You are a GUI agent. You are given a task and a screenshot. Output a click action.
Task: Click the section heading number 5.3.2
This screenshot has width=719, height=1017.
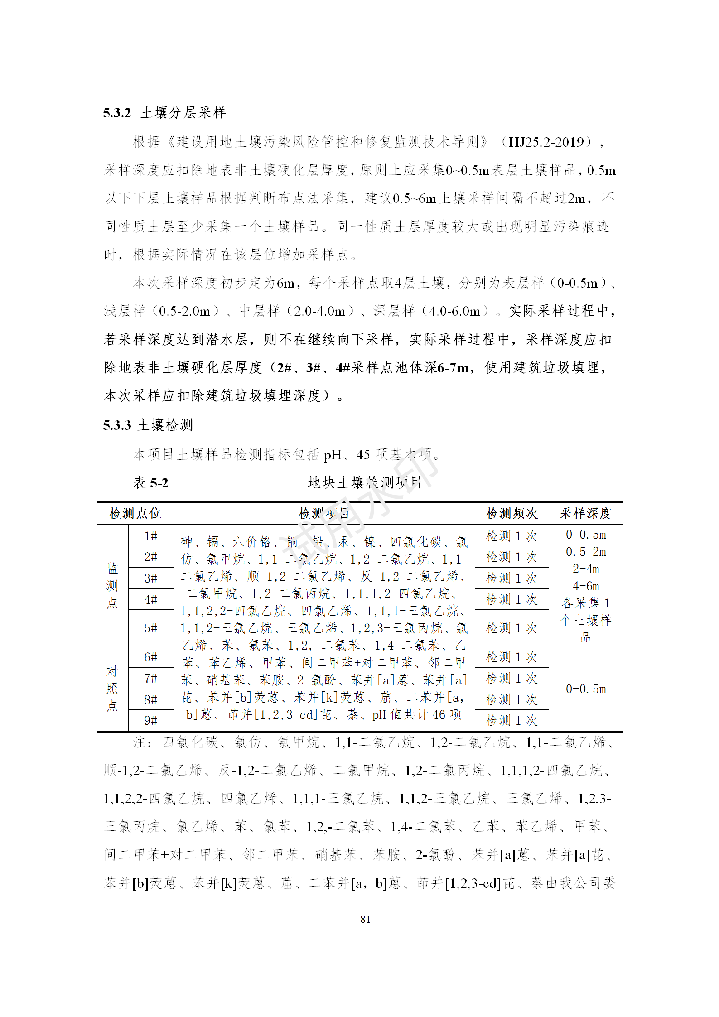117,112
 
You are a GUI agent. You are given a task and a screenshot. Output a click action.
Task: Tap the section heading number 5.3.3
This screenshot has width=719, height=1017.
117,425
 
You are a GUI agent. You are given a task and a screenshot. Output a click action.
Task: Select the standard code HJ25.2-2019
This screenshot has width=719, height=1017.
546,142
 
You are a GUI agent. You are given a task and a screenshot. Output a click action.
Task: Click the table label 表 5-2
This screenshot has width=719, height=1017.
150,482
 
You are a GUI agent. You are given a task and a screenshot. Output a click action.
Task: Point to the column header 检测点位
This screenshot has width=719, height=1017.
135,513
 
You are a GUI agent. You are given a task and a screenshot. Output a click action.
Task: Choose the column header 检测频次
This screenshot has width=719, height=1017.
512,513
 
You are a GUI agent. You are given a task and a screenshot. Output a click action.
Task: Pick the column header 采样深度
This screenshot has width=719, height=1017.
585,513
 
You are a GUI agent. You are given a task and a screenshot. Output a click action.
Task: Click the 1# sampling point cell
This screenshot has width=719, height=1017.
150,536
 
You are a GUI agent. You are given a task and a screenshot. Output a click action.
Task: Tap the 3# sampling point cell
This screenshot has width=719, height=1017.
150,578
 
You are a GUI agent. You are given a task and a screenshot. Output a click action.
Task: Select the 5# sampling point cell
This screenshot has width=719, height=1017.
150,628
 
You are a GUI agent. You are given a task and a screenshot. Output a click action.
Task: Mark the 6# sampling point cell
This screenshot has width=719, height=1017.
150,657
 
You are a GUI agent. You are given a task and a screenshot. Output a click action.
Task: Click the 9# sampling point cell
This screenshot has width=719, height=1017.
150,720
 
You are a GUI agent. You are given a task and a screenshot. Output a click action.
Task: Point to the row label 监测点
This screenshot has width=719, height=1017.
112,585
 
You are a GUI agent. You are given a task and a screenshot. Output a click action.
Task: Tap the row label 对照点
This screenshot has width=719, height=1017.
112,688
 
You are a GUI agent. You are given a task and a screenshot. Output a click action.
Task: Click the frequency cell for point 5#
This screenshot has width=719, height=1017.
512,628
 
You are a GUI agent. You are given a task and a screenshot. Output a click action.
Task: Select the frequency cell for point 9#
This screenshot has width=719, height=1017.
512,720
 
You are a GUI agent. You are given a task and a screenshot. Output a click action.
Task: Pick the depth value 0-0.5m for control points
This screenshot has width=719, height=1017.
585,689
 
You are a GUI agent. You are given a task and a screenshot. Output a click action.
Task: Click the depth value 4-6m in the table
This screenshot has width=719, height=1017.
585,586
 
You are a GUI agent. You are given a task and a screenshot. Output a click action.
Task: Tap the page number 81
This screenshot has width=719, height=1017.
365,919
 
